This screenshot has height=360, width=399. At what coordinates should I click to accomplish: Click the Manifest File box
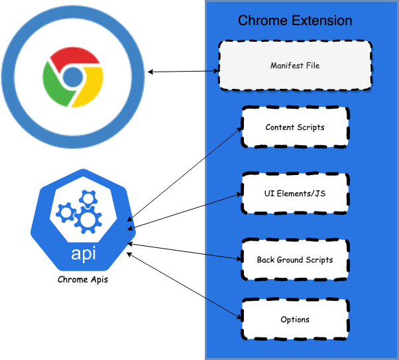(x=295, y=66)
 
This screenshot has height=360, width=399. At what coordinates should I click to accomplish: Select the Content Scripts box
(x=295, y=127)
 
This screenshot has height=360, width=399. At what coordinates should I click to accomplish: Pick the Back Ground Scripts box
(x=295, y=259)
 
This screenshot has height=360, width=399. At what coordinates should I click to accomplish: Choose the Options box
(x=295, y=320)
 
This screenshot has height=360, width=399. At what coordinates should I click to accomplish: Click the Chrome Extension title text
(x=295, y=21)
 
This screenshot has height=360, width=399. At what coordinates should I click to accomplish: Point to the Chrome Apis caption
(x=82, y=279)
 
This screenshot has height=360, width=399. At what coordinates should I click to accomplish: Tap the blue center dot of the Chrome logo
(x=72, y=77)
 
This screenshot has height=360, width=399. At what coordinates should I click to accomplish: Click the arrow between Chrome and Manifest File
(x=183, y=70)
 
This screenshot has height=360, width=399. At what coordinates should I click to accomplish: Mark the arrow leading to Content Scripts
(x=186, y=173)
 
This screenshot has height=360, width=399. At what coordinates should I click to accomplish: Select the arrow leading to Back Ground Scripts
(x=186, y=251)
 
